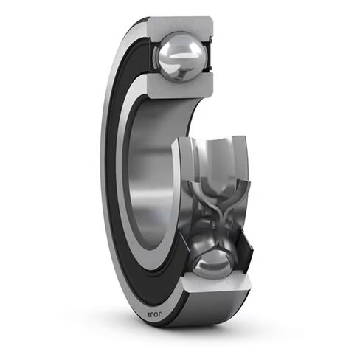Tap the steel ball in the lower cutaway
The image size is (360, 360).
(212, 262)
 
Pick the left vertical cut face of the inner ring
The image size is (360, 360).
(176, 192)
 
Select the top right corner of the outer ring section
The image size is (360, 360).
(210, 21)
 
